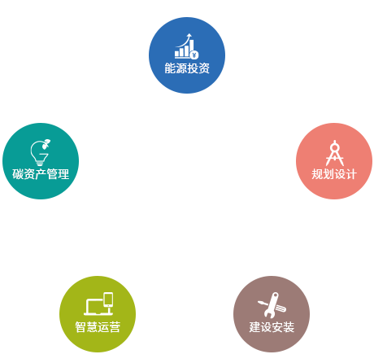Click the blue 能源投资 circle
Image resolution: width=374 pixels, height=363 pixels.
(187, 55)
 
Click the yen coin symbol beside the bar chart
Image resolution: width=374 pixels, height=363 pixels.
(194, 55)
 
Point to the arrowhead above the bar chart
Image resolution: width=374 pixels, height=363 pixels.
(189, 35)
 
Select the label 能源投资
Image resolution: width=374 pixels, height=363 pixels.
(187, 68)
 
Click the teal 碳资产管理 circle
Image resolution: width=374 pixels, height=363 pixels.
(41, 161)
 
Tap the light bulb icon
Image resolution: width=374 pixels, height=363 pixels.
(38, 154)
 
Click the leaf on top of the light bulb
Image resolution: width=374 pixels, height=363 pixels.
(46, 143)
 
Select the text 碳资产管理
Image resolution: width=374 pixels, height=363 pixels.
(41, 174)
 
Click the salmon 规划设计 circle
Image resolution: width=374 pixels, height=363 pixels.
(334, 161)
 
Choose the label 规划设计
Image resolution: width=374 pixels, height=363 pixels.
(334, 174)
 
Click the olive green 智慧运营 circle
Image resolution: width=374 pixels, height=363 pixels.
(98, 314)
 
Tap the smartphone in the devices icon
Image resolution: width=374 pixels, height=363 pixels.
(108, 300)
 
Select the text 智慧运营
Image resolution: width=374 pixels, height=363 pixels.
(98, 327)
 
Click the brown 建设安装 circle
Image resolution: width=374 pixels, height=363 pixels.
(272, 314)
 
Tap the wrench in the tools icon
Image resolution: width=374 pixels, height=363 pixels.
(272, 304)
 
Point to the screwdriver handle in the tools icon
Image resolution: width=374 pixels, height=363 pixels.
(281, 308)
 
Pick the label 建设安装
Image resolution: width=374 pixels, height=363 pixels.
(272, 327)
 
